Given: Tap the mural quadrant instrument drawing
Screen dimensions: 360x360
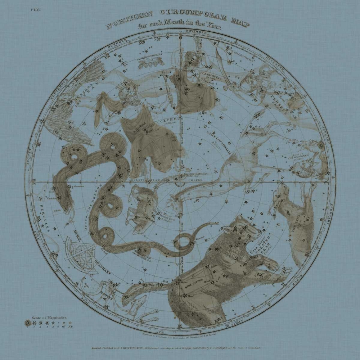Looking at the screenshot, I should [80, 252].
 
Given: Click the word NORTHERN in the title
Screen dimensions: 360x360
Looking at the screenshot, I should [126, 20].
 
